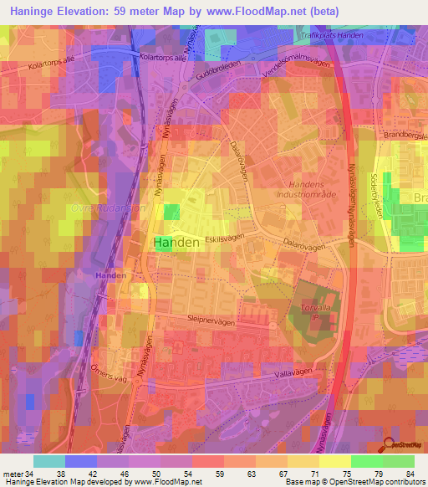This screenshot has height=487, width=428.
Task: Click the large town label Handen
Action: tap(177, 243)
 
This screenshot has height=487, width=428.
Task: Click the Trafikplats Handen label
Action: tap(332, 35)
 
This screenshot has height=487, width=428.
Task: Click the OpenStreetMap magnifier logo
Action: tap(386, 445)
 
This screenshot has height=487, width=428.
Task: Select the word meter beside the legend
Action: tap(13, 474)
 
